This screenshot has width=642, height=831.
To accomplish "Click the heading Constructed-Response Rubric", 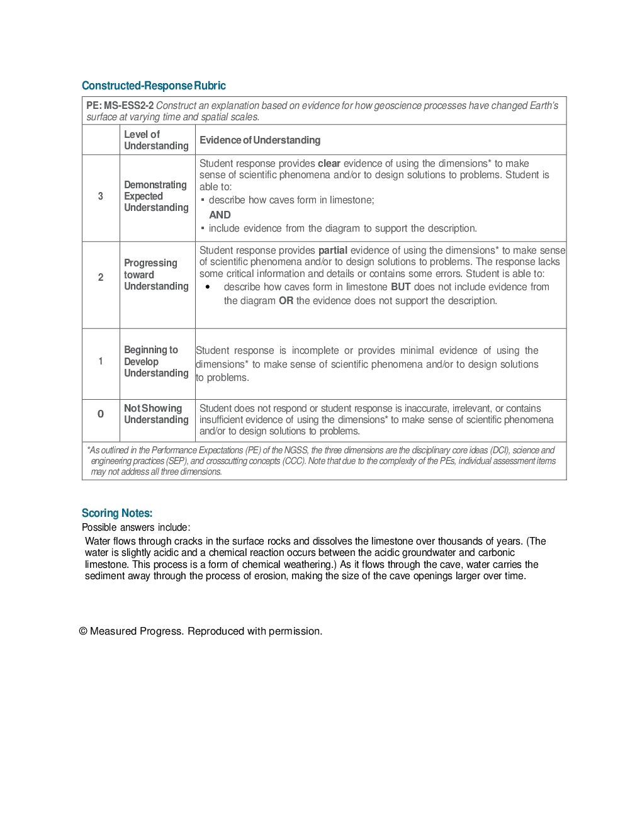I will click(154, 86).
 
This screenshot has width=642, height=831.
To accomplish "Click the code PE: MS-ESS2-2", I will click(120, 106).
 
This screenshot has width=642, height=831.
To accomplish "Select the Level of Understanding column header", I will click(156, 140).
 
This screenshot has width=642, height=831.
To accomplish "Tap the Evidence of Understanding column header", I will click(260, 140).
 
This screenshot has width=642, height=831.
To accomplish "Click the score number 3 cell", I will click(101, 196).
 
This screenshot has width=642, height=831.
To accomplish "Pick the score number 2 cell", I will click(101, 277).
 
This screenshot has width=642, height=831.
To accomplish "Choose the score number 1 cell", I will click(101, 361).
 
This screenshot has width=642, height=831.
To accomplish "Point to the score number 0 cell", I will click(101, 414).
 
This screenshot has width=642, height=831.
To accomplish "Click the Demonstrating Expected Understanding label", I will click(156, 196).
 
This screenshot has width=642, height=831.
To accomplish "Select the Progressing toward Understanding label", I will click(156, 274).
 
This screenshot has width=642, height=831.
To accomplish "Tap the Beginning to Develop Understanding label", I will click(156, 361).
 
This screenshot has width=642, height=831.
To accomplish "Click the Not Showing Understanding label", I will click(156, 414).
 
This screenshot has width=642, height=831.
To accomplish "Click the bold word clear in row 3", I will click(329, 164).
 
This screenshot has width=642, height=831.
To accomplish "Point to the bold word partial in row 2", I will click(333, 251).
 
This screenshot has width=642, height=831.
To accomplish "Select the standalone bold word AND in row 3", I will click(220, 215).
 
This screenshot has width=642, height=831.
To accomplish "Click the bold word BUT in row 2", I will click(401, 287).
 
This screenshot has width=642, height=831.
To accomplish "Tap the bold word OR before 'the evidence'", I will click(286, 301).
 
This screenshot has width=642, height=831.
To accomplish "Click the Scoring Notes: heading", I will click(117, 513).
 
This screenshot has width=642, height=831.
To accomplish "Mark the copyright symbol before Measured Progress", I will click(83, 631).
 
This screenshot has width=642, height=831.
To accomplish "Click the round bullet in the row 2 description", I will click(208, 287).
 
